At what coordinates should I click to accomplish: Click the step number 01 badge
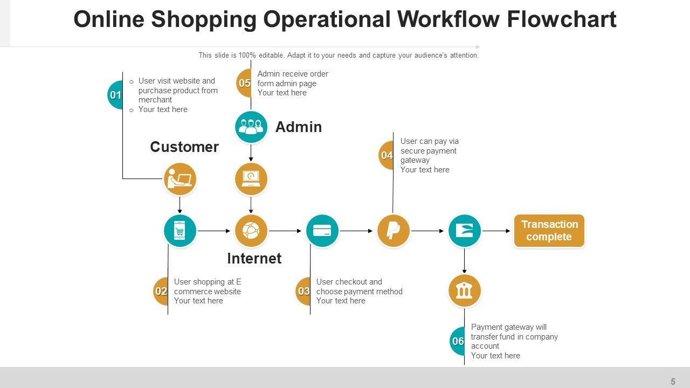pyautogui.click(x=115, y=95)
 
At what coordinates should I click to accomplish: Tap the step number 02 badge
pyautogui.click(x=161, y=292)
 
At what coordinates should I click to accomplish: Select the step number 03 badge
pyautogui.click(x=303, y=292)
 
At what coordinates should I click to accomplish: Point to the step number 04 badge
pyautogui.click(x=387, y=156)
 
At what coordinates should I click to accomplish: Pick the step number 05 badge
pyautogui.click(x=245, y=83)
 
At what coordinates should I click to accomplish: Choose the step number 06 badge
pyautogui.click(x=458, y=341)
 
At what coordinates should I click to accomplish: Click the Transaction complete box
pyautogui.click(x=549, y=231)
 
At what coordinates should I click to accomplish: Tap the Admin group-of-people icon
pyautogui.click(x=251, y=127)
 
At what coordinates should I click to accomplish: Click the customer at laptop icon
pyautogui.click(x=180, y=179)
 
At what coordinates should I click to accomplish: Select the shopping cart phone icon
pyautogui.click(x=180, y=231)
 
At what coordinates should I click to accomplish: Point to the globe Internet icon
pyautogui.click(x=251, y=231)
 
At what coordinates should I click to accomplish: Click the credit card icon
pyautogui.click(x=322, y=231)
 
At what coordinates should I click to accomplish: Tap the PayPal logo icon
pyautogui.click(x=394, y=231)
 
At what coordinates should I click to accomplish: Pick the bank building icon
pyautogui.click(x=464, y=291)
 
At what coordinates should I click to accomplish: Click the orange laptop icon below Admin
pyautogui.click(x=251, y=179)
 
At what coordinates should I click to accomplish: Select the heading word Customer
pyautogui.click(x=184, y=147)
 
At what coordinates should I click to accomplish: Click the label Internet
pyautogui.click(x=254, y=259)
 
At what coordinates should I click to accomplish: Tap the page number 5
pyautogui.click(x=673, y=382)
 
